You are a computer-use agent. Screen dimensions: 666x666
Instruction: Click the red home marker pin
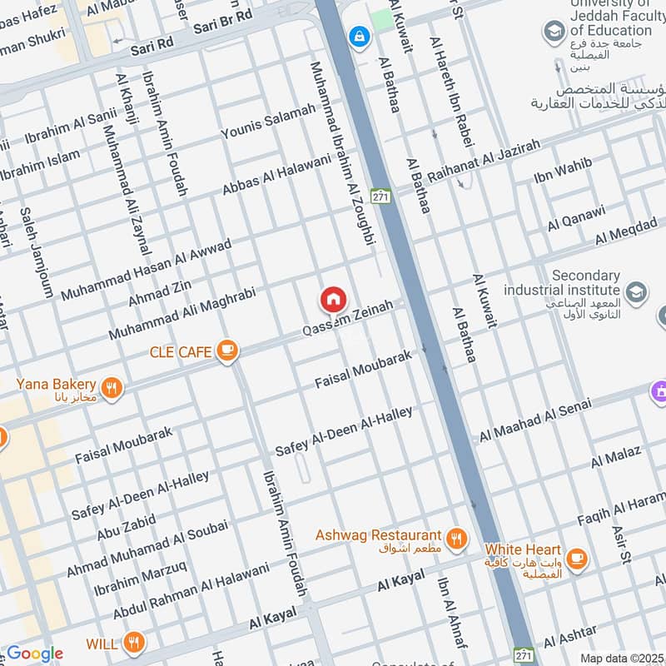(333, 299)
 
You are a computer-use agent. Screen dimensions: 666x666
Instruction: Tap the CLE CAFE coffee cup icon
(226, 351)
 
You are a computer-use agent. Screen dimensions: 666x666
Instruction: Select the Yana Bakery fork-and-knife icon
(112, 386)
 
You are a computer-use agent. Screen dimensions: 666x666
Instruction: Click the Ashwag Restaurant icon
(455, 537)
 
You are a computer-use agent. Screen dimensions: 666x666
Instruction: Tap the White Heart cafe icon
(575, 557)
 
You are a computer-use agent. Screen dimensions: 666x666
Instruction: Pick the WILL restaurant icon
(133, 642)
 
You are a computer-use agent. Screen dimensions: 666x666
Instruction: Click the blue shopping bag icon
(360, 36)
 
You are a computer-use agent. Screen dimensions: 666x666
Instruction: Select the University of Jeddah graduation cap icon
(553, 32)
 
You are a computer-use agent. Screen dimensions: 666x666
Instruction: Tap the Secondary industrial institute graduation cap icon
(636, 291)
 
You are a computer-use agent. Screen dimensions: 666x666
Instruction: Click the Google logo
(35, 654)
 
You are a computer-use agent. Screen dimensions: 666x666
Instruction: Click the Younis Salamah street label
(268, 122)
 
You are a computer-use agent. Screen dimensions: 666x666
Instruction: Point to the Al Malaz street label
(616, 455)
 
